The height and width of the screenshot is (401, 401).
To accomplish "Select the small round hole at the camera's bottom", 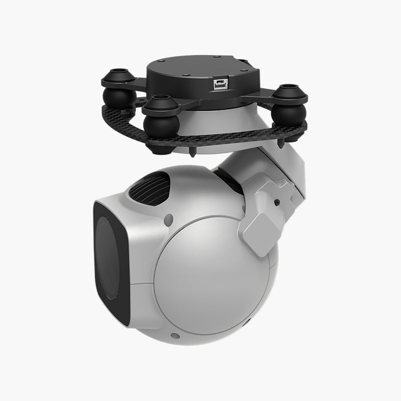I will [174, 335].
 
